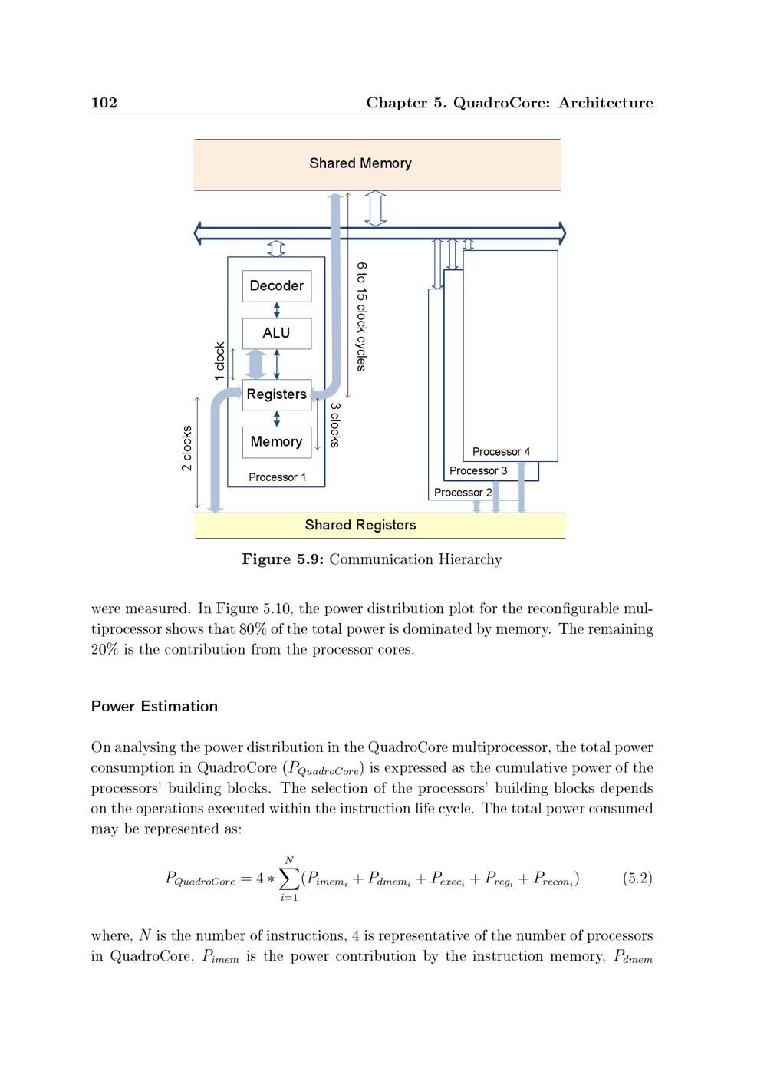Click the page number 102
(104, 103)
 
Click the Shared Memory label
(360, 163)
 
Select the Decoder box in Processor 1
(277, 286)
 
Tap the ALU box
(277, 333)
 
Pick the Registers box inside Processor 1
(277, 394)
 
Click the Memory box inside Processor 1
(277, 442)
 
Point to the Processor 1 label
(277, 477)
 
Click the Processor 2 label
(463, 493)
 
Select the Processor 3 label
(478, 471)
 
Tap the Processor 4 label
(501, 452)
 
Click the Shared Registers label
(360, 526)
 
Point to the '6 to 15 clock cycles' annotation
(361, 316)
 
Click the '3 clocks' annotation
(334, 425)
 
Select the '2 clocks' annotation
(186, 449)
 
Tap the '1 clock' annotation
(219, 361)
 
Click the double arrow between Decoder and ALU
(277, 310)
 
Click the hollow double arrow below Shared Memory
(375, 209)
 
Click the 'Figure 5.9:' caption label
(283, 559)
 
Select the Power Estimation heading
(154, 707)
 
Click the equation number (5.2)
(637, 879)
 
